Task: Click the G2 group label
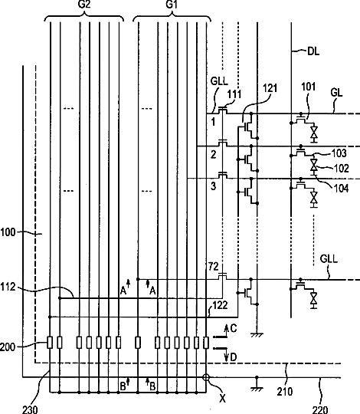[x=84, y=5]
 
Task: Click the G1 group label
[x=172, y=5]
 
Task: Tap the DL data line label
[x=313, y=51]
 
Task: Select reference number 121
[x=270, y=88]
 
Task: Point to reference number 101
[x=309, y=87]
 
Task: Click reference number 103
[x=339, y=153]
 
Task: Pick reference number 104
[x=342, y=189]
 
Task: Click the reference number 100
[x=8, y=232]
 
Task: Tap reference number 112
[x=8, y=287]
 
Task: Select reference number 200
[x=8, y=347]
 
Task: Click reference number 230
[x=30, y=409]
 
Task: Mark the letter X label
[x=223, y=399]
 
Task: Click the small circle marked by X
[x=206, y=377]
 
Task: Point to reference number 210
[x=285, y=392]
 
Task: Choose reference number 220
[x=320, y=409]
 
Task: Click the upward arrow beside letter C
[x=226, y=331]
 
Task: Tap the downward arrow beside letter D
[x=226, y=355]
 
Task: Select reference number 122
[x=220, y=305]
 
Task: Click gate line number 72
[x=213, y=267]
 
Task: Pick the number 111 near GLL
[x=234, y=94]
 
